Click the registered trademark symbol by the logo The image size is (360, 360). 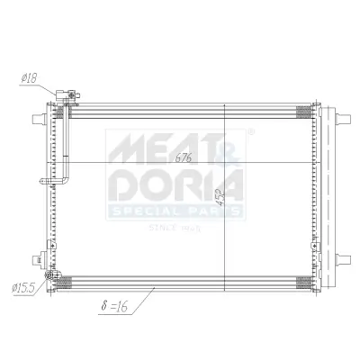click(x=249, y=132)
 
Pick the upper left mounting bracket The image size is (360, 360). click(x=38, y=119)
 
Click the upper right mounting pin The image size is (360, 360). click(x=346, y=119)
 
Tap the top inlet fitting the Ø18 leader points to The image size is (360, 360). click(x=64, y=96)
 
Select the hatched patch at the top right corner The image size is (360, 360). click(x=305, y=111)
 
